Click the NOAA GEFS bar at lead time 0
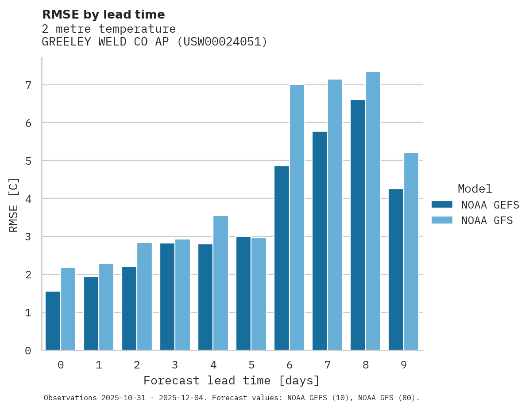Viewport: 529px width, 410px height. pyautogui.click(x=53, y=321)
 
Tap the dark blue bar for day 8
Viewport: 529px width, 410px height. pyautogui.click(x=358, y=225)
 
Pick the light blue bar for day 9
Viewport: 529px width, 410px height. pyautogui.click(x=411, y=251)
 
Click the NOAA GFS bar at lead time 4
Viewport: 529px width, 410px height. pyautogui.click(x=220, y=283)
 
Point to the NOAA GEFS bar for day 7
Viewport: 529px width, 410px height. pyautogui.click(x=320, y=241)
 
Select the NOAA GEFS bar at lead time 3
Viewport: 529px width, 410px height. pyautogui.click(x=167, y=296)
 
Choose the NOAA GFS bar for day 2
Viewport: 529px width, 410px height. pyautogui.click(x=144, y=296)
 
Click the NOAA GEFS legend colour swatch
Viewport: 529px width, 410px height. pyautogui.click(x=442, y=205)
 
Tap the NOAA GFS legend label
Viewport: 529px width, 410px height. pyautogui.click(x=487, y=220)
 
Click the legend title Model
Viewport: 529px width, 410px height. pyautogui.click(x=475, y=189)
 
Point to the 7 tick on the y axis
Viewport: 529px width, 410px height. pyautogui.click(x=28, y=85)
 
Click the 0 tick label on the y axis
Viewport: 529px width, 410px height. pyautogui.click(x=28, y=351)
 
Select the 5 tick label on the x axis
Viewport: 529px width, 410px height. pyautogui.click(x=251, y=365)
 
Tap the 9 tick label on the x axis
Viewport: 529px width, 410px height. pyautogui.click(x=404, y=365)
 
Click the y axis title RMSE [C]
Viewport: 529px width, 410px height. pyautogui.click(x=14, y=204)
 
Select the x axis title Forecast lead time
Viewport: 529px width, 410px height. pyautogui.click(x=231, y=380)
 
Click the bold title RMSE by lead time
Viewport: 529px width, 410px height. pyautogui.click(x=103, y=15)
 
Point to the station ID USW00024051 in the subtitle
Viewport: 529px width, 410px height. pyautogui.click(x=222, y=42)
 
